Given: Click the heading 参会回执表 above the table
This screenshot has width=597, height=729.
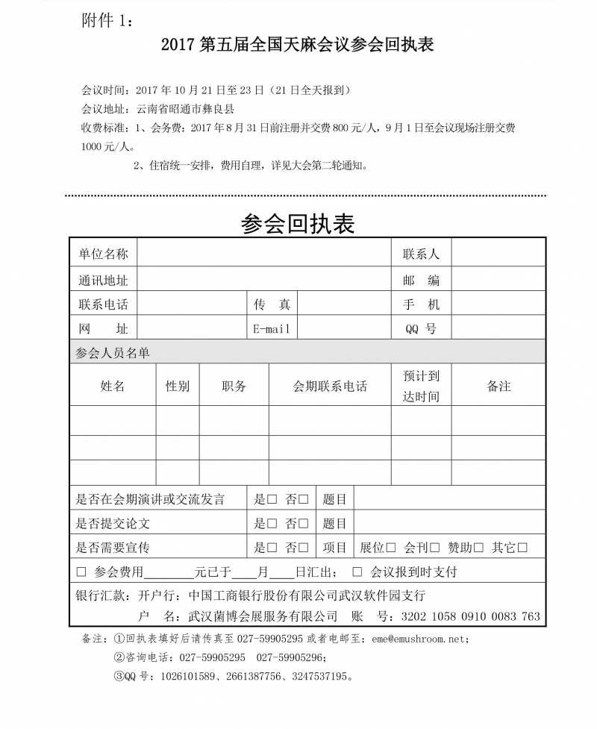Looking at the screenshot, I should point(298,222).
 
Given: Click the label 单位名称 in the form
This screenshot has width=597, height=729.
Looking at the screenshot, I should point(103,254).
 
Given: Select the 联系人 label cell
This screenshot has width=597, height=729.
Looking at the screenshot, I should point(421,254).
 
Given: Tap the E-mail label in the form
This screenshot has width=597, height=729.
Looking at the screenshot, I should point(272,328).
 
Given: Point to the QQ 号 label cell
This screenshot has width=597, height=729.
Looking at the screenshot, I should point(421,328).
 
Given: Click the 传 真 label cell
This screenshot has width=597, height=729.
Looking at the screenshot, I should point(272,304).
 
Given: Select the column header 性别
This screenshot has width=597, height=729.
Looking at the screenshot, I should point(178,386).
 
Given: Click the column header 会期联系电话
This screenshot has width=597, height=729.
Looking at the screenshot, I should point(330,386).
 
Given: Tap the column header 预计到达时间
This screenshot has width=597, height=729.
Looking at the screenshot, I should point(421,386).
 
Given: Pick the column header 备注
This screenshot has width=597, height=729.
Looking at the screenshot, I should point(498,386).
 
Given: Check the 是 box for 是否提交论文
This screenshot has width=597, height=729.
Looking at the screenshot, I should point(272,524).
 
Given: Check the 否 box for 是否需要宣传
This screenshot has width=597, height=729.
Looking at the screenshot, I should point(304,548).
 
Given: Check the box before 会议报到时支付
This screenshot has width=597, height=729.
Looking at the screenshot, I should point(357,572).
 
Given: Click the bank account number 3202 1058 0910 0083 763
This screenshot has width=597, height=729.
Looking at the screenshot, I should point(470,617).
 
